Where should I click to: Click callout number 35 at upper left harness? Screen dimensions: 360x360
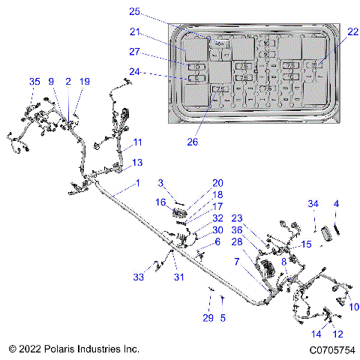[34, 81]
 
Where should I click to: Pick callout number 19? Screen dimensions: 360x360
[84, 81]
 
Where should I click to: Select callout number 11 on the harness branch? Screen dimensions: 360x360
[137, 142]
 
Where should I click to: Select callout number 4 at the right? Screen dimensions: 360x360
[336, 204]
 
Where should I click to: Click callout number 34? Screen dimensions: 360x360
[313, 204]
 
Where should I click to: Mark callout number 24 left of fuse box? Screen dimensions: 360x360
[135, 73]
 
